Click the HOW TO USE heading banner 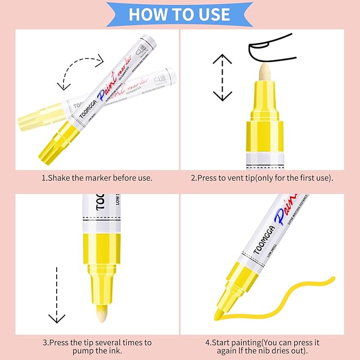tap(180, 14)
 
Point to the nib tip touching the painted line tap(218, 315)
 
